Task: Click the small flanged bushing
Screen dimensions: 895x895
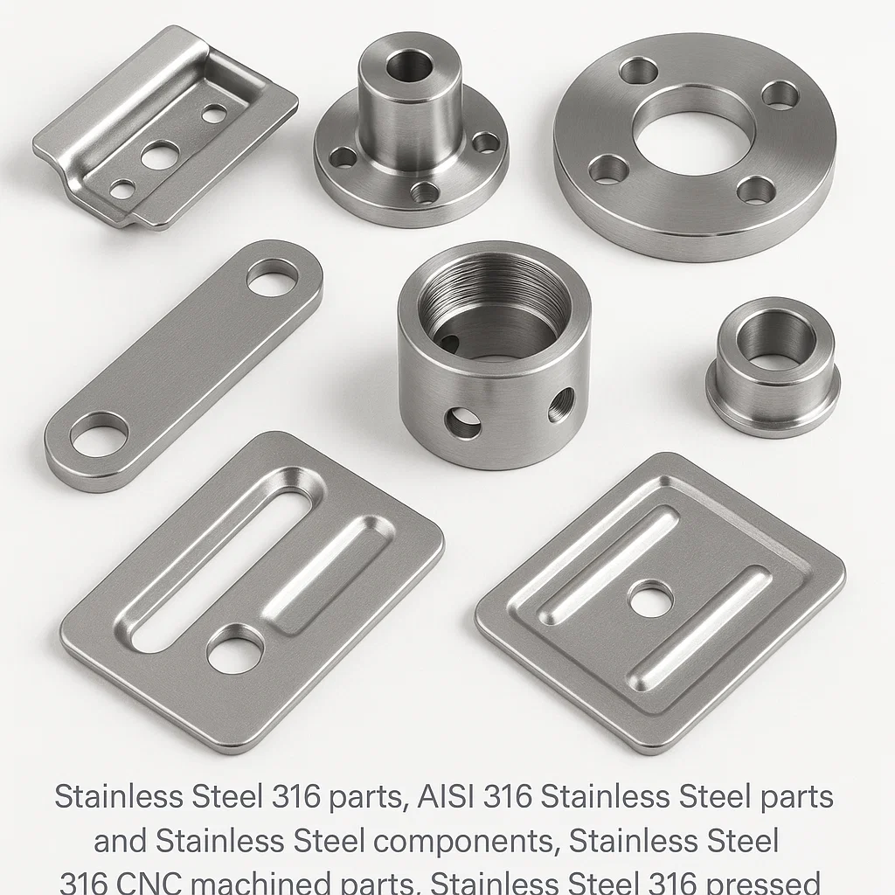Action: point(773,367)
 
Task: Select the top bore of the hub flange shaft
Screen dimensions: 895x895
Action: point(409,64)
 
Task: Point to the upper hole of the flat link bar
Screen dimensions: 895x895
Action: point(272,278)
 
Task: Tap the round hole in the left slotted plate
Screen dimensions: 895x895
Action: point(234,649)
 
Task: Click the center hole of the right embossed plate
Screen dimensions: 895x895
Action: point(649,600)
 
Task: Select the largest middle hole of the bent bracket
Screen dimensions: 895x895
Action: point(160,156)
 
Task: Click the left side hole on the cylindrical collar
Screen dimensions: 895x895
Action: point(462,422)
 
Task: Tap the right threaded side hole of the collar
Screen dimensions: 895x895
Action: point(560,406)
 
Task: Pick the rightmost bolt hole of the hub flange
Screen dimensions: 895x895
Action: point(485,142)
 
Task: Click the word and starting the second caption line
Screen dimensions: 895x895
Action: point(121,841)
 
